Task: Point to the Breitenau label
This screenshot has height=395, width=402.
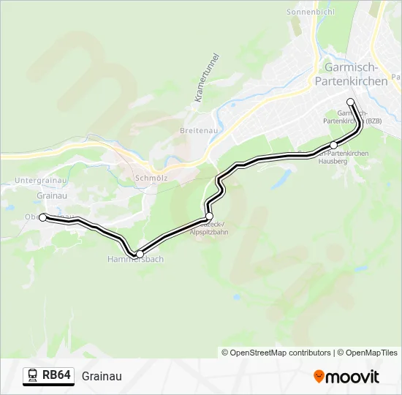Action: point(196,130)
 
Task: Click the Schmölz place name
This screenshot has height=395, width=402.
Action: point(151,177)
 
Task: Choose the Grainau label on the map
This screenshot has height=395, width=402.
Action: point(51,195)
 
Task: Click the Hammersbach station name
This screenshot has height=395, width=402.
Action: point(135,260)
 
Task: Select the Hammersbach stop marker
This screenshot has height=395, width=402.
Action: point(140,254)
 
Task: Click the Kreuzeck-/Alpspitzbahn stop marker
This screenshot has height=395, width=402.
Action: point(209,217)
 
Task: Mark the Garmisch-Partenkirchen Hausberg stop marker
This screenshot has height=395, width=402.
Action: point(334,145)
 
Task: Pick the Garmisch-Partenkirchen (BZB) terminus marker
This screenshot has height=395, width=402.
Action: point(350,102)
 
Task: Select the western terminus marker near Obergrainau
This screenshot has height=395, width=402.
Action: point(43,217)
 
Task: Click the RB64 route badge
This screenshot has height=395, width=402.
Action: point(56,376)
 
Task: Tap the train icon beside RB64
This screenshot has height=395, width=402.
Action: point(33,376)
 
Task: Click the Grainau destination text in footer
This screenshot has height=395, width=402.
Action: point(102,376)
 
